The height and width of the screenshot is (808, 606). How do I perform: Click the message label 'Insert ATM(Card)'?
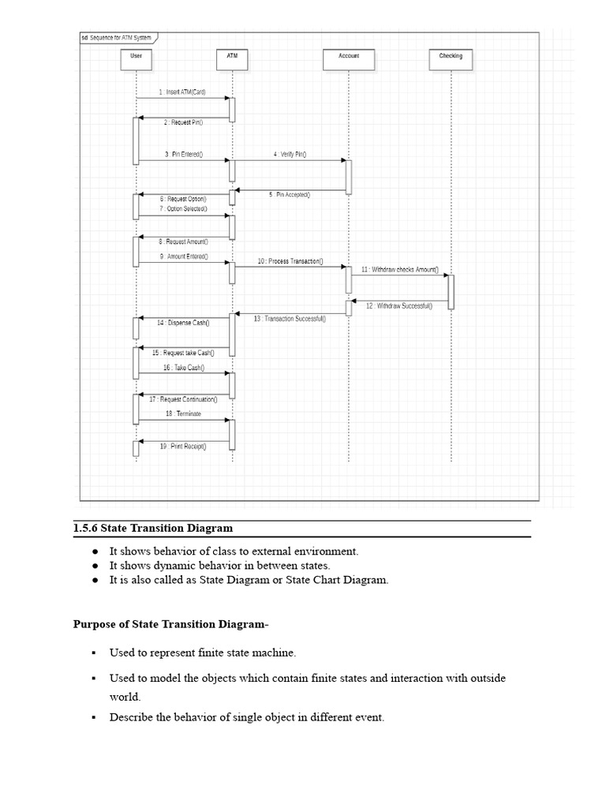(182, 92)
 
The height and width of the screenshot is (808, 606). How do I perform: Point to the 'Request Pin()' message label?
(183, 123)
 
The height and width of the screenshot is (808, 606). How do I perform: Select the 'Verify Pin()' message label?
(290, 155)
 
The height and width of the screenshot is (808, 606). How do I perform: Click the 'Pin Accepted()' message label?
(289, 195)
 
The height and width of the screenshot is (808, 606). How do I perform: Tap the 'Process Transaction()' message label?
(290, 261)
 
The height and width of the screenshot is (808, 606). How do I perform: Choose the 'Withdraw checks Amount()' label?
(400, 270)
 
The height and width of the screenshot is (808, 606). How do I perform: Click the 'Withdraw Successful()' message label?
(399, 305)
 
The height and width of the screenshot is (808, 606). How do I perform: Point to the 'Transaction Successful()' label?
(290, 319)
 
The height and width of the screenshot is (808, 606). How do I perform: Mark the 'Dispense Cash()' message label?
(182, 323)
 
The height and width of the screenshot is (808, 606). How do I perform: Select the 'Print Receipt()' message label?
(183, 447)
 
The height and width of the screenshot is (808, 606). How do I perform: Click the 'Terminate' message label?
(183, 413)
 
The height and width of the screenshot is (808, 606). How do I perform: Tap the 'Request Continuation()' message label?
(183, 400)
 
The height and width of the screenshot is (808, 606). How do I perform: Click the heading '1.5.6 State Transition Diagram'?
(153, 528)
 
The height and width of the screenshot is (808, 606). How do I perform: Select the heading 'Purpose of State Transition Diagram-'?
(170, 625)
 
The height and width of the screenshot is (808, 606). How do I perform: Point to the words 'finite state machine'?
(249, 653)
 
